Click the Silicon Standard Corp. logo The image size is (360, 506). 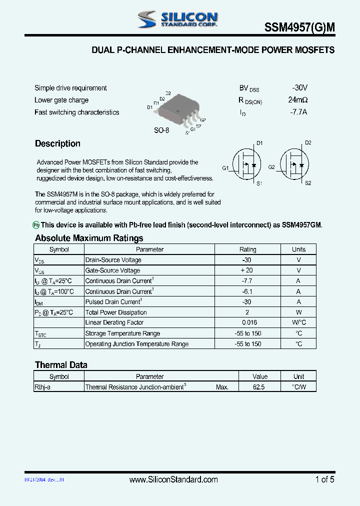178,19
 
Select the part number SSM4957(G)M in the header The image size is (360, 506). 299,29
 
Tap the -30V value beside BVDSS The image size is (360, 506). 300,87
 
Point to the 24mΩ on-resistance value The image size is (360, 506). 298,99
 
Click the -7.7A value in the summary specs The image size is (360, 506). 298,112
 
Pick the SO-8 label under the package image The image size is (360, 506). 161,130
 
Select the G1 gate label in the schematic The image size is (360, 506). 225,168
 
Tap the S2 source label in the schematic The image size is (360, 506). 308,183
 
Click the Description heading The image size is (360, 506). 57,144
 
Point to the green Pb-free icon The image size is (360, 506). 36,225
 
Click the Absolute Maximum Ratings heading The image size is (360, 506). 89,238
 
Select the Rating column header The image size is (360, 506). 247,249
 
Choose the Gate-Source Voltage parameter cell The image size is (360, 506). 112,270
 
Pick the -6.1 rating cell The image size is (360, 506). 246,291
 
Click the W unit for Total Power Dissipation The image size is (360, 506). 298,312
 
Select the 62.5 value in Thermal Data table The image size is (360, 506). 259,387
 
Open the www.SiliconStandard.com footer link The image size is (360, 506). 173,480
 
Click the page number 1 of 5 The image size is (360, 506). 325,480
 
